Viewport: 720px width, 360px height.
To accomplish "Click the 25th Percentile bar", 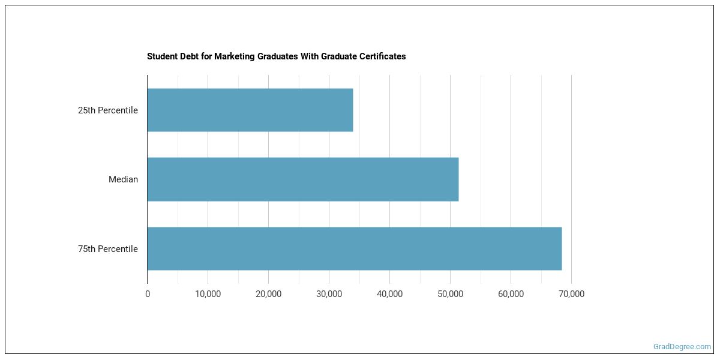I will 250,110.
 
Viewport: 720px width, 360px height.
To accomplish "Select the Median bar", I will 302,179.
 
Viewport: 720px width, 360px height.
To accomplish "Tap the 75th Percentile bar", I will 354,248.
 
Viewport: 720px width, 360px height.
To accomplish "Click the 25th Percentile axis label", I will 108,110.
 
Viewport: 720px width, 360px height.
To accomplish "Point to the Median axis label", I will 123,179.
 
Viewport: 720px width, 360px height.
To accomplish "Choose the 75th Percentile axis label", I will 108,249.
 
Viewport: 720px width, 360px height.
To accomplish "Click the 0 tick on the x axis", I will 148,294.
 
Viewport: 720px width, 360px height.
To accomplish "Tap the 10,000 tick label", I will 208,294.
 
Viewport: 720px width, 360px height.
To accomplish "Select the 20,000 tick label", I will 268,294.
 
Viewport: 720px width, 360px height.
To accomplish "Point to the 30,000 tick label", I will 329,294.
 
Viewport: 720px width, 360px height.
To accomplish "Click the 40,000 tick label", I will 389,294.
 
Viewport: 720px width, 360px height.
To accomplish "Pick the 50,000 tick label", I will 450,294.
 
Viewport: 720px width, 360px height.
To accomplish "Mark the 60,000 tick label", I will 511,294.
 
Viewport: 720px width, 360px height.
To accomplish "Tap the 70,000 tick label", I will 571,294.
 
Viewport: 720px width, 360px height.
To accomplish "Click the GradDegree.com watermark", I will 682,347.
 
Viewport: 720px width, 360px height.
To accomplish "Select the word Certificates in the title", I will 381,56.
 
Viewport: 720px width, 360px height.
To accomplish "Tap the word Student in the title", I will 161,56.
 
